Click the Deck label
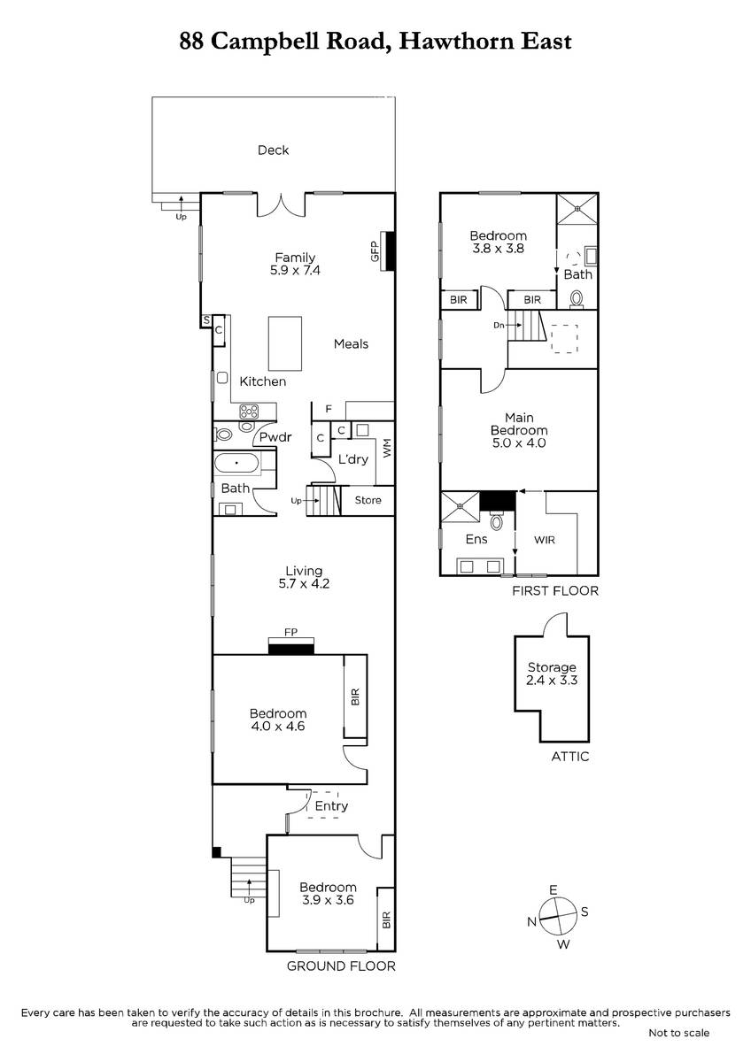(273, 150)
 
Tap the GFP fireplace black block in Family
(390, 250)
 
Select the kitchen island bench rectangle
(284, 343)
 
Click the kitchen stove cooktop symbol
(249, 411)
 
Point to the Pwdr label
(275, 436)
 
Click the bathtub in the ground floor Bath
(236, 463)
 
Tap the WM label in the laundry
(387, 448)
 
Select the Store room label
(368, 500)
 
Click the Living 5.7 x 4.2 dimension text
(304, 583)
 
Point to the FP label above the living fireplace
(290, 632)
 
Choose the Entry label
(331, 806)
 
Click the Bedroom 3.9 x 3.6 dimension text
(328, 900)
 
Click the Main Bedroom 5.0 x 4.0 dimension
(519, 442)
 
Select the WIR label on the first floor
(544, 540)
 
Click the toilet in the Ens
(497, 520)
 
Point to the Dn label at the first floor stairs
(499, 326)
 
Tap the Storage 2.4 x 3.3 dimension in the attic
(552, 681)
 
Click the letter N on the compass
(532, 921)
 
